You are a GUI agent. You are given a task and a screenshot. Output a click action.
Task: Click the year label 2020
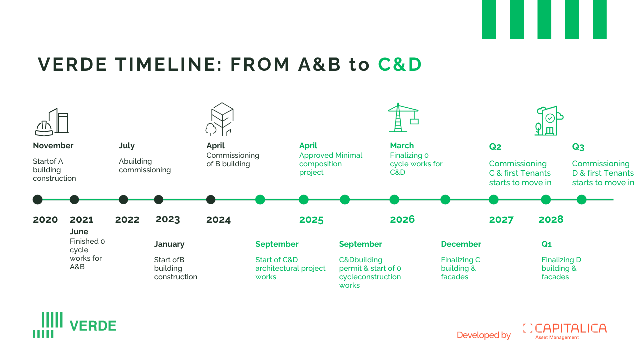pyautogui.click(x=45, y=220)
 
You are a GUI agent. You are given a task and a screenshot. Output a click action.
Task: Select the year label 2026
pyautogui.click(x=402, y=219)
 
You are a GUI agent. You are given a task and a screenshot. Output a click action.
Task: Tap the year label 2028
pyautogui.click(x=551, y=219)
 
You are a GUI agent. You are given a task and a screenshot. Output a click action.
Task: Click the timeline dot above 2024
pyautogui.click(x=211, y=199)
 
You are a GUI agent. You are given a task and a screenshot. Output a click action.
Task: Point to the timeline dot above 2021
pyautogui.click(x=74, y=199)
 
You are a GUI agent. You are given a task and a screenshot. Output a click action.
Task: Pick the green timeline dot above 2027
pyautogui.click(x=493, y=199)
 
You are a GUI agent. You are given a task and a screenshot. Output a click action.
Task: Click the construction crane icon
pyautogui.click(x=403, y=117)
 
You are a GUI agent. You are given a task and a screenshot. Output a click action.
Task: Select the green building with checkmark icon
pyautogui.click(x=549, y=121)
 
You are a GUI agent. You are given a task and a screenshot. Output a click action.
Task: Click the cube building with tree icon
pyautogui.click(x=219, y=119)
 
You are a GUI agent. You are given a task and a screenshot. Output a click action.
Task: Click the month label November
pyautogui.click(x=53, y=146)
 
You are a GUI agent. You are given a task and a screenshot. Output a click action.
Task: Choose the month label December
pyautogui.click(x=461, y=244)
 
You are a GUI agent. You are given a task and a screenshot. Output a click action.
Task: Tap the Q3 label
pyautogui.click(x=578, y=147)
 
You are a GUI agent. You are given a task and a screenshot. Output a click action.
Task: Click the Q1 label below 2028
pyautogui.click(x=547, y=244)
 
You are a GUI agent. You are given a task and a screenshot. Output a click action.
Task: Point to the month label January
pyautogui.click(x=169, y=244)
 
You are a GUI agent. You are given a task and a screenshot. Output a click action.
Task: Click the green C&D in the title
pyautogui.click(x=400, y=64)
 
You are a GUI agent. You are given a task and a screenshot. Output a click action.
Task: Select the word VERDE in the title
pyautogui.click(x=72, y=64)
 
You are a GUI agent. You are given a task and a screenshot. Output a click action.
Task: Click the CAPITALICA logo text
pyautogui.click(x=570, y=328)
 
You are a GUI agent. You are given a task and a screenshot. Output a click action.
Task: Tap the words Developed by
pyautogui.click(x=484, y=335)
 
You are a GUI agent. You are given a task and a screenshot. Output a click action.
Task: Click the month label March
pyautogui.click(x=402, y=146)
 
